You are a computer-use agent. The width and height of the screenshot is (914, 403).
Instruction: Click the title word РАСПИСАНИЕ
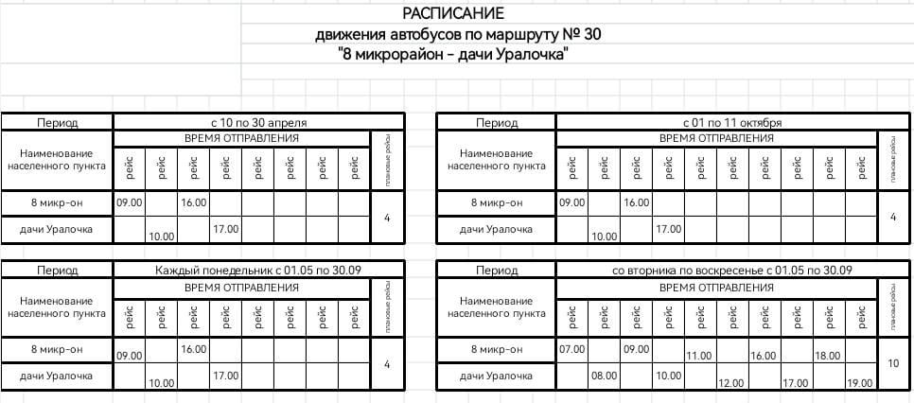(x=453, y=13)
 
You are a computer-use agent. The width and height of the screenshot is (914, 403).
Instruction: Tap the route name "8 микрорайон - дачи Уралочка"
(x=453, y=55)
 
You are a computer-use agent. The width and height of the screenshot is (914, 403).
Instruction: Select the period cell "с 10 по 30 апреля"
(x=258, y=122)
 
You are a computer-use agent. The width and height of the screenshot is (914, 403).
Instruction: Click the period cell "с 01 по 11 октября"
(x=731, y=122)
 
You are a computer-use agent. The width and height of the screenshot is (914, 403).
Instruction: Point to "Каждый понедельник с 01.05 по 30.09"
(x=258, y=271)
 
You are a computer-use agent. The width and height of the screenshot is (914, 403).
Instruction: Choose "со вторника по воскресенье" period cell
(x=732, y=271)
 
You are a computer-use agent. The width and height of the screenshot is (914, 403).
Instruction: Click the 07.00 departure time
(x=572, y=350)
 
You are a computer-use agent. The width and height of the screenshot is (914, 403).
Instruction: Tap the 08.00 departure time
(x=604, y=376)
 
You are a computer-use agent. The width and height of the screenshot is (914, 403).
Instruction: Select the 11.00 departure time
(x=699, y=356)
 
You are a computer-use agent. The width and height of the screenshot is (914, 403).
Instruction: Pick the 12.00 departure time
(x=731, y=383)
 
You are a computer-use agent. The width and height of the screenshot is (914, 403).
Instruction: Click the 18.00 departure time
(x=827, y=356)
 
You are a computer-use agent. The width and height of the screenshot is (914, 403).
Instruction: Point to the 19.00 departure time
(x=859, y=383)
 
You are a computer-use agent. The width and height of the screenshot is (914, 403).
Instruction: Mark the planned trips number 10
(x=892, y=362)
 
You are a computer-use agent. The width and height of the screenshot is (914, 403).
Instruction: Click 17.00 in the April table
(x=225, y=229)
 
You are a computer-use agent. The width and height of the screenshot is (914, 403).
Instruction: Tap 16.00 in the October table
(x=636, y=202)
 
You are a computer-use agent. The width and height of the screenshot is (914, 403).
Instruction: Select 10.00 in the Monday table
(x=161, y=383)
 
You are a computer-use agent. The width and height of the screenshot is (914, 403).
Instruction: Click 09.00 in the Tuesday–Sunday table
(x=636, y=350)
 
